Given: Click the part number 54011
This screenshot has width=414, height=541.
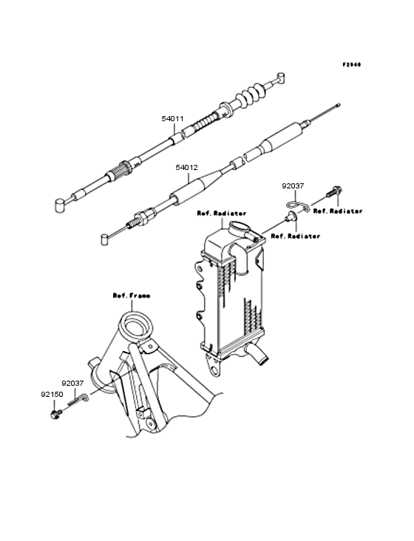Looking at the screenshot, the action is pos(172,119).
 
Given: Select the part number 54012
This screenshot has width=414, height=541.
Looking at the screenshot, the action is pos(186,168).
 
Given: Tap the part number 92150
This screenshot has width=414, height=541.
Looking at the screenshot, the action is pos(52,395).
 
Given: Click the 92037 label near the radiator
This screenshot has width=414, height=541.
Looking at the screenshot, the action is pos(293,186).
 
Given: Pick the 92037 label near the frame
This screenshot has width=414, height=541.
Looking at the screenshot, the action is pos(72,384).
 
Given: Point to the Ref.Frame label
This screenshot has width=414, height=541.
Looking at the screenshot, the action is pos(132,296).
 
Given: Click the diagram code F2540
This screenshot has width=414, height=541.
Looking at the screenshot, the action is pos(352,64).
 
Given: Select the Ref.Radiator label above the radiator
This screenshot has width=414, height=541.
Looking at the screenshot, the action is pos(222,214).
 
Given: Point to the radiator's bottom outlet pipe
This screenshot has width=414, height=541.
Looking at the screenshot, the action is pos(257,354).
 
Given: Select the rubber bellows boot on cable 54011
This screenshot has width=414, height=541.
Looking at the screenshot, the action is pos(250,95).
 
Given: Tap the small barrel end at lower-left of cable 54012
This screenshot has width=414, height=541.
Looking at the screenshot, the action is pos(105,239).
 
